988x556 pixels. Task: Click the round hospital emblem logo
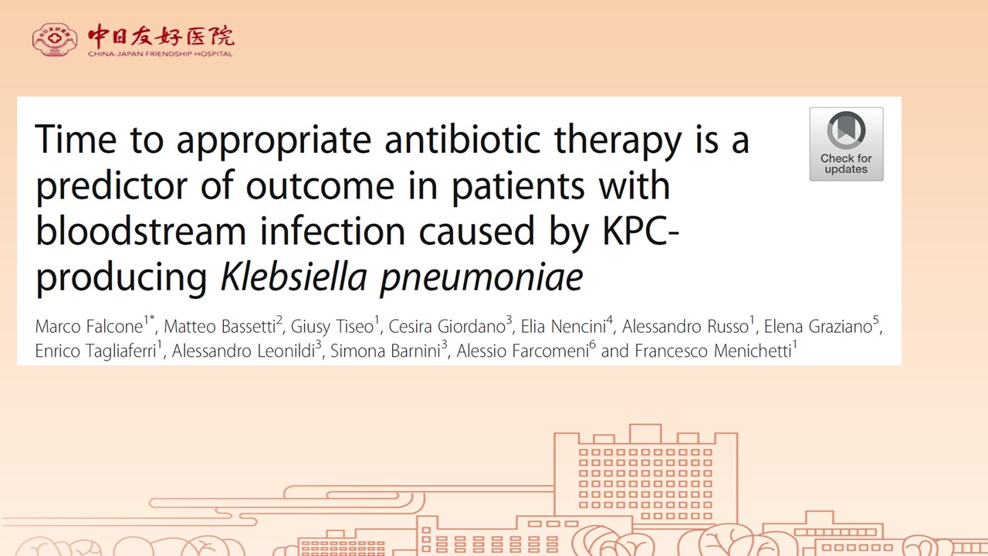(54, 39)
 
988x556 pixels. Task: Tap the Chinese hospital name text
(161, 36)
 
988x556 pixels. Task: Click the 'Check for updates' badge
(846, 144)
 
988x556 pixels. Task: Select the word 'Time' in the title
(76, 140)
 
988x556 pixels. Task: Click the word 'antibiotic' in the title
(462, 140)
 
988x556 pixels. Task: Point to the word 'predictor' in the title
(112, 186)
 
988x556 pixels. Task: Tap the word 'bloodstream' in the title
(140, 231)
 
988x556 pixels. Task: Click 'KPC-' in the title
(641, 231)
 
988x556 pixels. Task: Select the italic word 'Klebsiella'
(294, 277)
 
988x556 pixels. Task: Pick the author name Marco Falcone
(89, 327)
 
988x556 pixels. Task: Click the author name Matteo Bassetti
(220, 327)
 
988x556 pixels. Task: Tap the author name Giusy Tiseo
(332, 327)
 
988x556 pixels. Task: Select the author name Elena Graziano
(818, 327)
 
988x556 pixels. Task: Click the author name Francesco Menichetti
(713, 351)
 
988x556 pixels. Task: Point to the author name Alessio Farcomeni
(523, 351)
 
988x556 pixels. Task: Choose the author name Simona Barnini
(385, 351)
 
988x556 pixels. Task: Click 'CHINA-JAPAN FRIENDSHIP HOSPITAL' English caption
(160, 54)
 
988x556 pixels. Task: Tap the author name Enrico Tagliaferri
(96, 351)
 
